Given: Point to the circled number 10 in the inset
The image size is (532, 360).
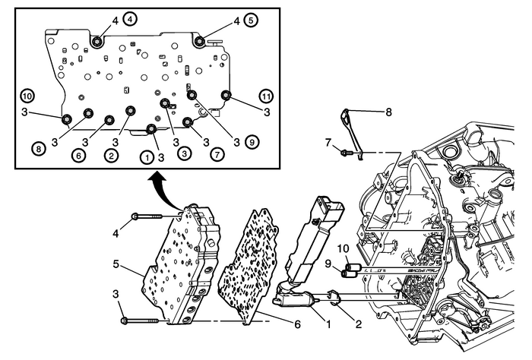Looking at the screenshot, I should tap(27, 97).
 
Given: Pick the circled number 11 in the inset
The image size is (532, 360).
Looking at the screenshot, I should tap(266, 97).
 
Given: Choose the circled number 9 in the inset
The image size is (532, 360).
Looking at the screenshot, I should tap(252, 141).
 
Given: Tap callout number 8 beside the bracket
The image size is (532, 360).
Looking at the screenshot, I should tap(388, 112).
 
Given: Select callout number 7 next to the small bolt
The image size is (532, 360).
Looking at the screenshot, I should tap(329, 144).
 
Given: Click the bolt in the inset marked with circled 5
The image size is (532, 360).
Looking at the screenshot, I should tap(199, 41).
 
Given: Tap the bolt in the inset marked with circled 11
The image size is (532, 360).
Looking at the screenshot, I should tap(226, 95).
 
